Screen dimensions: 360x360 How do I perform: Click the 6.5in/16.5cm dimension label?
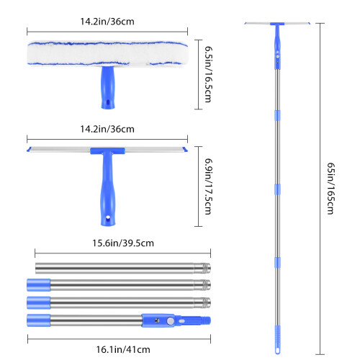[208, 74]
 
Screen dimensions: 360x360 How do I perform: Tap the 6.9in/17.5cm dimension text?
[208, 186]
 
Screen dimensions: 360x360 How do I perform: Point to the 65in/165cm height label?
[331, 189]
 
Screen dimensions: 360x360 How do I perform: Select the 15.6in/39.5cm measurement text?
[123, 243]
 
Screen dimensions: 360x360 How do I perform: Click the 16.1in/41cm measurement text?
[123, 349]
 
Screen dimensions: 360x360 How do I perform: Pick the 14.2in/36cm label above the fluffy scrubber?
[107, 22]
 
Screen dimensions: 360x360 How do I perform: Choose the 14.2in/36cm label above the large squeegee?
[107, 129]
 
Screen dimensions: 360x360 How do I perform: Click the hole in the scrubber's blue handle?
[108, 102]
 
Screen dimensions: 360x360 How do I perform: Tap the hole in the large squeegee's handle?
[108, 217]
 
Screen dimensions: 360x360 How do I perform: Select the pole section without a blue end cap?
[123, 268]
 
